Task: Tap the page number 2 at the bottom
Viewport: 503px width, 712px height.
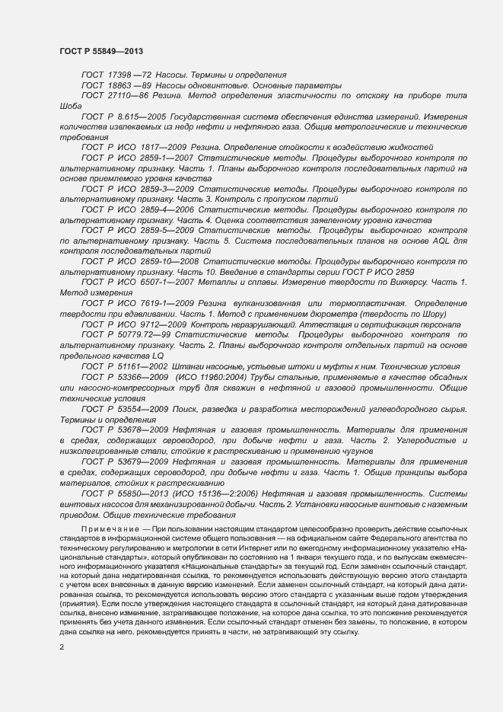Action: point(62,647)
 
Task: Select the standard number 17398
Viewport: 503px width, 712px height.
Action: point(120,75)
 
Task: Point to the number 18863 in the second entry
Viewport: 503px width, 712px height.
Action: point(120,85)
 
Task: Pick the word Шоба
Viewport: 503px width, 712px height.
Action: point(70,107)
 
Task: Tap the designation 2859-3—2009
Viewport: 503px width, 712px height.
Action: point(164,188)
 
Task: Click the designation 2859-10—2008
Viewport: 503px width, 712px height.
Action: point(167,260)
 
